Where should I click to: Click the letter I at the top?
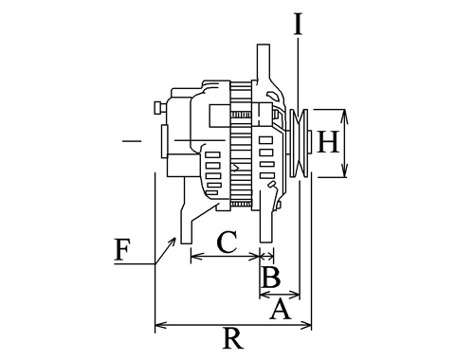[x=298, y=24]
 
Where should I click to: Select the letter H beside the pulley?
[x=328, y=142]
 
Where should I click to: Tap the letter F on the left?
[x=122, y=250]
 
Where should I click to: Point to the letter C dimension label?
[x=227, y=243]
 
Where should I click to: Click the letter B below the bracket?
[x=271, y=278]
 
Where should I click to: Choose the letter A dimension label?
[x=280, y=310]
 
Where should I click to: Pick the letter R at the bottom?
[x=233, y=338]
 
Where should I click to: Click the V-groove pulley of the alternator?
[x=299, y=143]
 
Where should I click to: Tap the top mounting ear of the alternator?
[x=264, y=63]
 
